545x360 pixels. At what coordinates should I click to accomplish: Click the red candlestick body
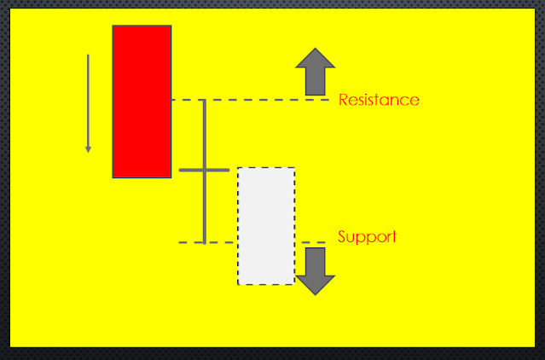coord(142,101)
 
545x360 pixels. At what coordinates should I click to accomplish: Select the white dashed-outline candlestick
coord(266,225)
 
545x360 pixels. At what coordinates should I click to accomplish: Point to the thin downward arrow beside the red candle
coord(88,102)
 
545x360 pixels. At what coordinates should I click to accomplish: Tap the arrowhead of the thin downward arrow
coord(88,150)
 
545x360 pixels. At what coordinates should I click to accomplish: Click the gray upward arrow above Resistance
coord(316,72)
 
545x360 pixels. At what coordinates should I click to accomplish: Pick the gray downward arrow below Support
coord(316,270)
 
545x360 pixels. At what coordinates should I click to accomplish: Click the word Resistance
coord(379,100)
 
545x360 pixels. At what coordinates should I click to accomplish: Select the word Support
coord(367,236)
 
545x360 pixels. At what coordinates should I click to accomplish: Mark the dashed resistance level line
coord(256,100)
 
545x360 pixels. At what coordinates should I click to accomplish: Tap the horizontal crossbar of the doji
coord(204,171)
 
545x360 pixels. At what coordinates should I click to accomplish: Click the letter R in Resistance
coord(344,100)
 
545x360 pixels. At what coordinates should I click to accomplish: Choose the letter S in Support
coord(343,236)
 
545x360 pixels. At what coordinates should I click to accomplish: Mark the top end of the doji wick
coord(205,101)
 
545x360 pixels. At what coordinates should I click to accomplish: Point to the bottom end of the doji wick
coord(205,241)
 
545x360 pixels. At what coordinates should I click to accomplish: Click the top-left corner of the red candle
coord(113,26)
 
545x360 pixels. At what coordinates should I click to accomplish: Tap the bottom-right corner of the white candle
coord(293,283)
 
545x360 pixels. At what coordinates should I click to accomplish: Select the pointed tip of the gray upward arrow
coord(316,49)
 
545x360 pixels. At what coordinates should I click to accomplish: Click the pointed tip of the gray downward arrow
coord(316,293)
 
